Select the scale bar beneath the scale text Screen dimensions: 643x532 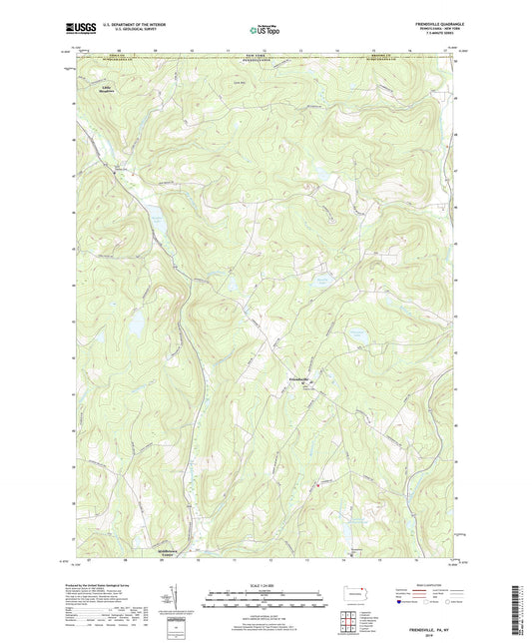(x=266, y=600)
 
